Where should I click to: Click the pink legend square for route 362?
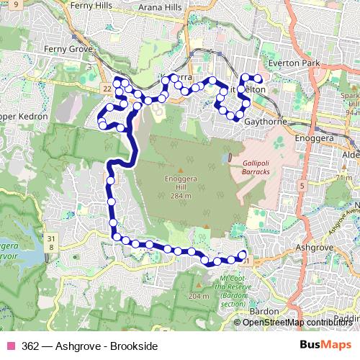tap(10, 346)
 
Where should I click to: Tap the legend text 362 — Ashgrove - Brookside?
tap(90, 346)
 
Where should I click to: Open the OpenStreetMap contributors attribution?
tap(297, 323)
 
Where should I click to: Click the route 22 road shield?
tap(107, 88)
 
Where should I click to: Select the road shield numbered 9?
tap(15, 4)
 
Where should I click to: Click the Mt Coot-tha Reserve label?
tap(233, 287)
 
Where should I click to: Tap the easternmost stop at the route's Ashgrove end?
tap(242, 253)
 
